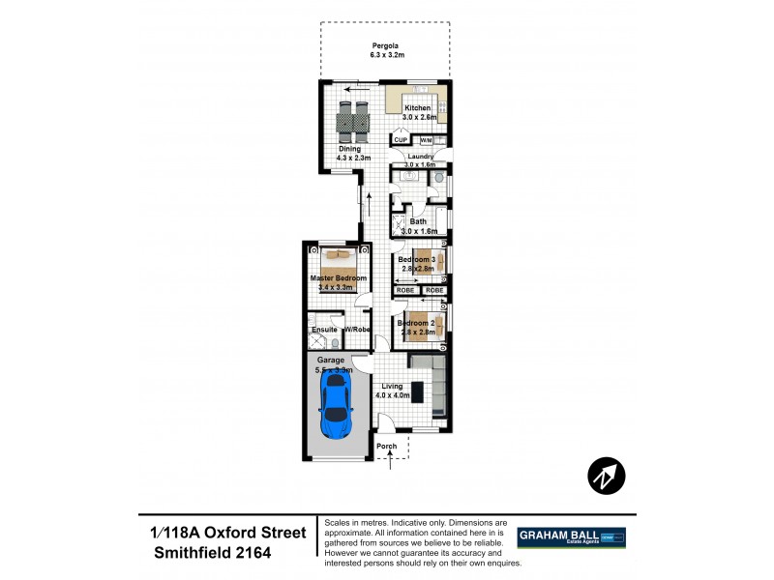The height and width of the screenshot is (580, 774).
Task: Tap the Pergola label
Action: click(386, 45)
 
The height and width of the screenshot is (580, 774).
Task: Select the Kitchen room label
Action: click(417, 108)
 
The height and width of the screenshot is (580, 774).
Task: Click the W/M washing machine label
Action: click(426, 141)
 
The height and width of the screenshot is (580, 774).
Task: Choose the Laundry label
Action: click(419, 156)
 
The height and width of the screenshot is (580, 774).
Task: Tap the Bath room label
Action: click(418, 221)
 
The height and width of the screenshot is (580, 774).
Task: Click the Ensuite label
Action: click(323, 330)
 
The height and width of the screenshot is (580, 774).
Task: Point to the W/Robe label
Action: click(357, 330)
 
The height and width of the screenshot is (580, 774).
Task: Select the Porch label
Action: click(387, 446)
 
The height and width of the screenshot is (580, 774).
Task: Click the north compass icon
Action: click(607, 475)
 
